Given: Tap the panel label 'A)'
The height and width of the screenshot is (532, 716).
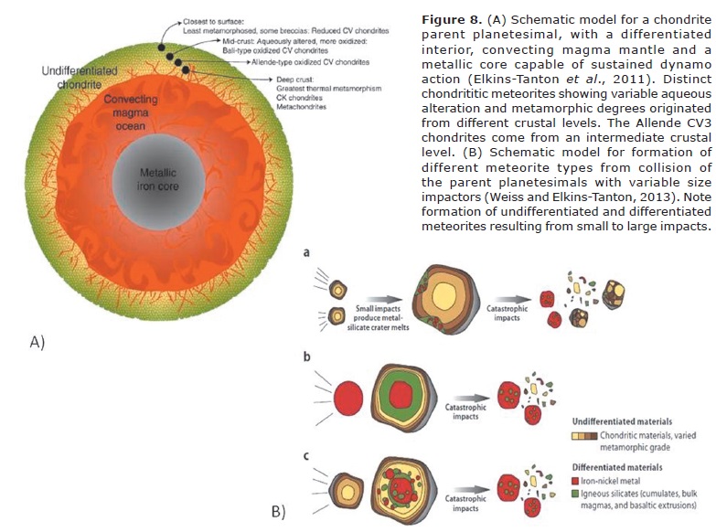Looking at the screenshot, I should click(37, 342).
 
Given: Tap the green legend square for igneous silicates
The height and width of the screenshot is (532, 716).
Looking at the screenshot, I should click(578, 494).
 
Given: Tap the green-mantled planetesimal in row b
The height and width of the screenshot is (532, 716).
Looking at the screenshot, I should click(399, 399).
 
